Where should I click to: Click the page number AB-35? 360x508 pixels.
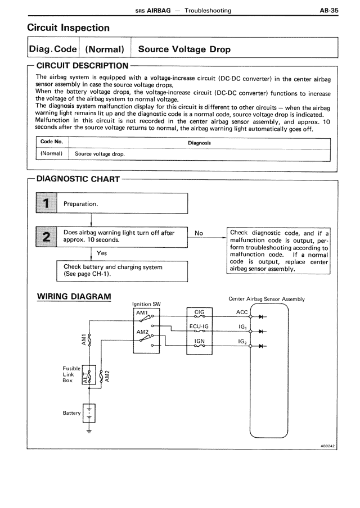[x=328, y=10]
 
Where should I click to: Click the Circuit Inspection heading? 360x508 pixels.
[x=69, y=28]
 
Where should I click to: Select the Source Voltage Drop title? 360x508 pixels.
[x=184, y=49]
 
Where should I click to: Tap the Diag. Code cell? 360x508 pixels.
[x=53, y=49]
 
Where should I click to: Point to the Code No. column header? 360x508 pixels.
[x=52, y=142]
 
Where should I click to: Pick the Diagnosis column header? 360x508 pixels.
[x=199, y=143]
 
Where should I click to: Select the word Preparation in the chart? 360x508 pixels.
[x=81, y=204]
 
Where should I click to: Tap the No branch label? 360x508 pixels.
[x=199, y=233]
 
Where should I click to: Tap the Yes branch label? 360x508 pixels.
[x=101, y=253]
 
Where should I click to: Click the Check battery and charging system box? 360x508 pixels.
[x=121, y=271]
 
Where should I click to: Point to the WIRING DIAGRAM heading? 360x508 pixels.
[x=74, y=296]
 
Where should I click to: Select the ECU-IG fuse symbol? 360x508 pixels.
[x=200, y=329]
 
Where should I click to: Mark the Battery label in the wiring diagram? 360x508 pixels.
[x=71, y=413]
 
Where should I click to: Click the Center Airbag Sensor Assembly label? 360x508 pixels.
[x=266, y=299]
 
